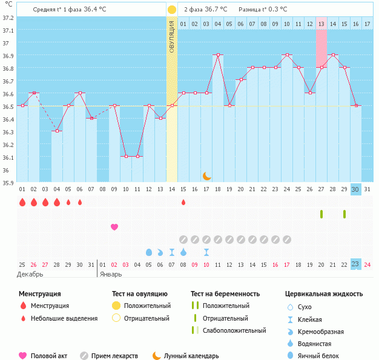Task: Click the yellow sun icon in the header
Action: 172,10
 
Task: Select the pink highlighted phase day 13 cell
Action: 321,24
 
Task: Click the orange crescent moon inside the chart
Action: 206,175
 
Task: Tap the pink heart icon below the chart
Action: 114,227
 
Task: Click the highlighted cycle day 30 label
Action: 355,189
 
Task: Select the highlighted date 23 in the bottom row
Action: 355,264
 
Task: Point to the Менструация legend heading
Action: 39,294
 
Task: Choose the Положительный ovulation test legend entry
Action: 147,306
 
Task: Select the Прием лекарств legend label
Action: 114,356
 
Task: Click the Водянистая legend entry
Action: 318,344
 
